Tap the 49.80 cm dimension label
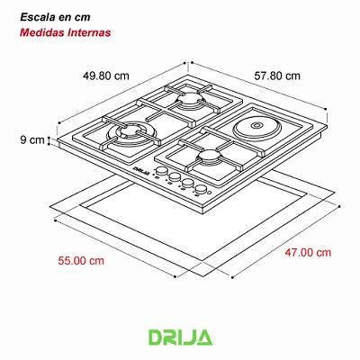100,75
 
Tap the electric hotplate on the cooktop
253,129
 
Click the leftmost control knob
163,174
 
